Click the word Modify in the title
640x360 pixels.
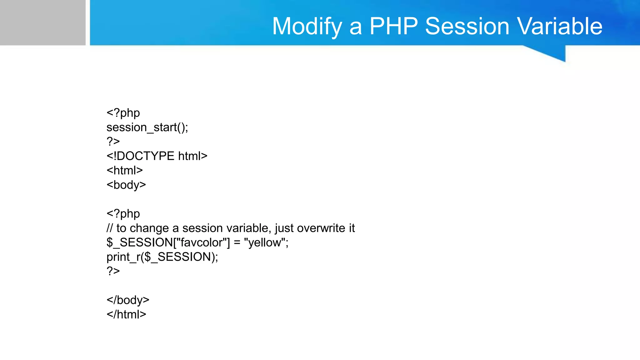click(x=307, y=26)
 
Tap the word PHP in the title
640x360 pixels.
click(x=393, y=26)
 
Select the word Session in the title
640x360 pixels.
click(x=467, y=26)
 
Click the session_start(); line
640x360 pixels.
click(x=147, y=127)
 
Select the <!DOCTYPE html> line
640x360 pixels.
click(x=157, y=156)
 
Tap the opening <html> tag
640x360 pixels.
click(x=124, y=170)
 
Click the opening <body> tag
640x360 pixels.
click(x=126, y=185)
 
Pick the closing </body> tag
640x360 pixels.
click(x=128, y=300)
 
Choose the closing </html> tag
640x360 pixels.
click(x=126, y=314)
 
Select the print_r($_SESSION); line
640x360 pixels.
click(x=162, y=257)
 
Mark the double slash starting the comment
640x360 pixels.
click(x=109, y=228)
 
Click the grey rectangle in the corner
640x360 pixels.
click(x=42, y=22)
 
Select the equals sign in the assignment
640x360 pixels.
click(x=237, y=243)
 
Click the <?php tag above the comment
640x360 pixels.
click(x=123, y=214)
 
